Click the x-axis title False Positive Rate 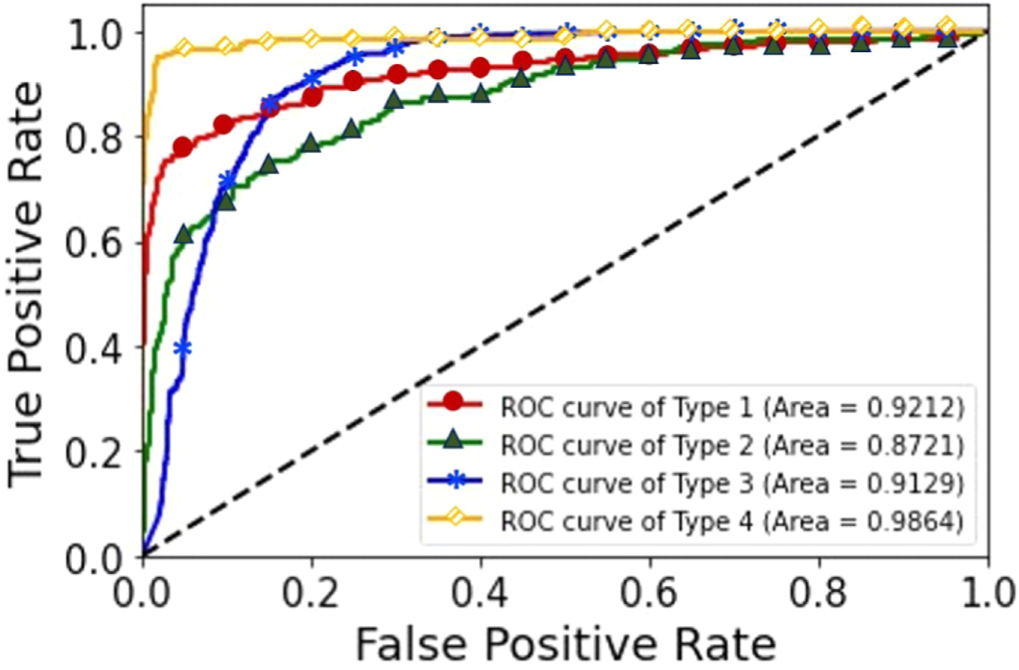pyautogui.click(x=563, y=639)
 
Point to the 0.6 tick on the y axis pyautogui.click(x=105, y=242)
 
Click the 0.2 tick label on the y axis pyautogui.click(x=105, y=452)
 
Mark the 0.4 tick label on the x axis pyautogui.click(x=481, y=588)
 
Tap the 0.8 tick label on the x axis pyautogui.click(x=819, y=588)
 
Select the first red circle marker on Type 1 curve pyautogui.click(x=183, y=147)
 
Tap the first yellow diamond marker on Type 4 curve pyautogui.click(x=184, y=47)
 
